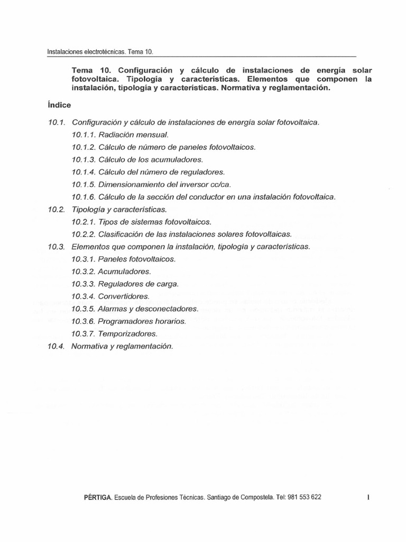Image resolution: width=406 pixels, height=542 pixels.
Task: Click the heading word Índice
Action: tap(60, 105)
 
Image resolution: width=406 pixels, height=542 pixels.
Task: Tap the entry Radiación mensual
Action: tap(133, 134)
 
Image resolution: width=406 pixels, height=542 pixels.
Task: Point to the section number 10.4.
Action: tap(56, 346)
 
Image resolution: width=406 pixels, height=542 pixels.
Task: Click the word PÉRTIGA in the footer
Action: tap(97, 498)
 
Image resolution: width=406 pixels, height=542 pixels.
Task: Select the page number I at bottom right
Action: tap(367, 498)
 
